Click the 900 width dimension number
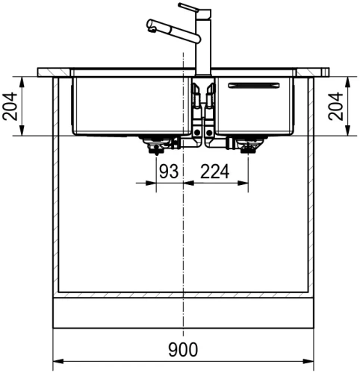(x=183, y=349)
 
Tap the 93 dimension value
(x=169, y=171)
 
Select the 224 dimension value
(x=214, y=172)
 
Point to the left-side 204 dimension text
(x=10, y=107)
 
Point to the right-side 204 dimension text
(x=335, y=107)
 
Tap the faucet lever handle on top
(x=189, y=7)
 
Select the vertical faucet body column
(x=204, y=43)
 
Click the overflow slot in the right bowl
(x=254, y=85)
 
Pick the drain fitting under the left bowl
(x=156, y=145)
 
